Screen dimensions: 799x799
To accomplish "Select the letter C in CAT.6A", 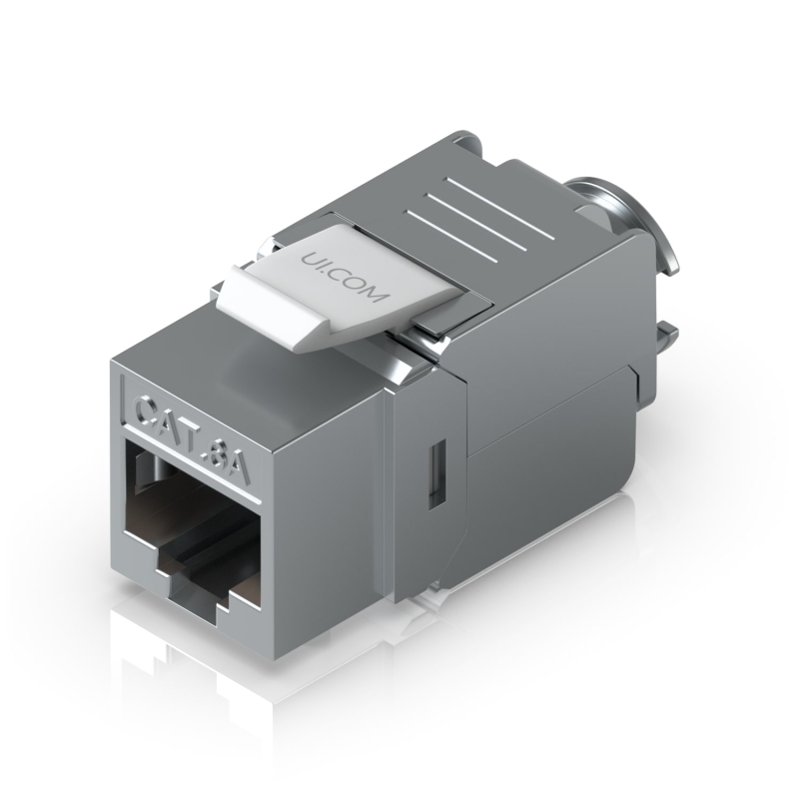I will pos(147,410).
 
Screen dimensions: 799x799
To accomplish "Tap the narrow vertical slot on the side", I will pos(437,475).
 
